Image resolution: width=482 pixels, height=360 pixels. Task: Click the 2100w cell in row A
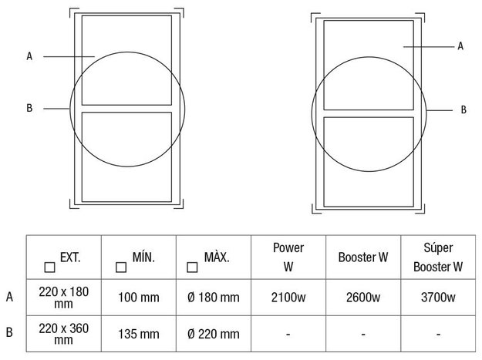[288, 297]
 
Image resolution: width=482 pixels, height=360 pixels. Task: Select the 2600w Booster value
[362, 297]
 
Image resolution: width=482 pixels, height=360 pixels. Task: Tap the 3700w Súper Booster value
[437, 297]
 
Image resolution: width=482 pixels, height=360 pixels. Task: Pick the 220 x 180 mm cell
[64, 297]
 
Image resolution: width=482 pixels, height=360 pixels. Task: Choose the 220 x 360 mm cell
[64, 334]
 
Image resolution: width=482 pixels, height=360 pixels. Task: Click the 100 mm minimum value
[138, 297]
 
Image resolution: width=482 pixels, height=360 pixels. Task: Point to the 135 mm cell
[138, 334]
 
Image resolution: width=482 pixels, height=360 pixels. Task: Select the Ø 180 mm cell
[214, 297]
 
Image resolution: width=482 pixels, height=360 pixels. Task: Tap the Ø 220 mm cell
[214, 334]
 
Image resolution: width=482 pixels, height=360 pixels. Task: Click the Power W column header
[288, 257]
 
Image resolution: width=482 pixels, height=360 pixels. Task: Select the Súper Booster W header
[437, 257]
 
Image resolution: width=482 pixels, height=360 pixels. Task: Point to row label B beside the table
[9, 334]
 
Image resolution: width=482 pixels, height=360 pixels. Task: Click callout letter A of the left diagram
[29, 56]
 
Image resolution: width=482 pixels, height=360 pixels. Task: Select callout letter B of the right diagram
[463, 110]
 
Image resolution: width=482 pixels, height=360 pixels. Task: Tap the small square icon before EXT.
[49, 267]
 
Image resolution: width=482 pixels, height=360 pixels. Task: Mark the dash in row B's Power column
[288, 334]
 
